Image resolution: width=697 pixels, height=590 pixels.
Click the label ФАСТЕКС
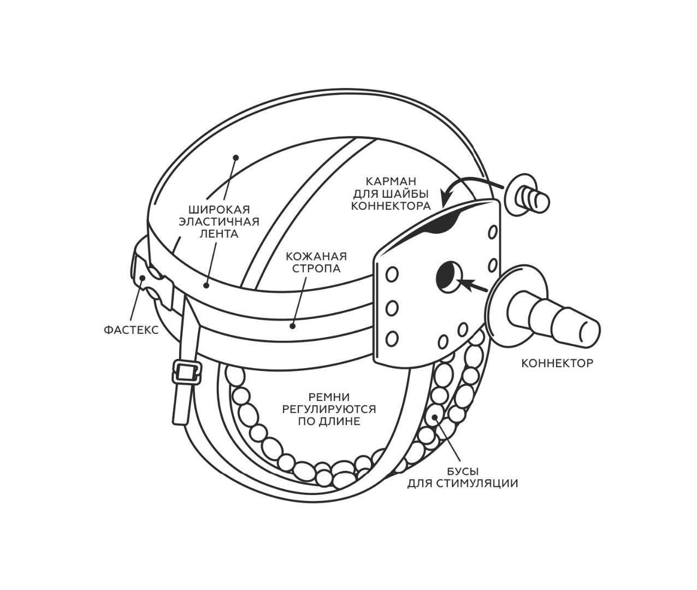click(131, 330)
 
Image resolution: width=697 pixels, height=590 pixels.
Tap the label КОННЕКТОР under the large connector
click(557, 363)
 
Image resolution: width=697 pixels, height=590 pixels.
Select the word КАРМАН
click(391, 181)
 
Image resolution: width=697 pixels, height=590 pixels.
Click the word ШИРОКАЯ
click(219, 210)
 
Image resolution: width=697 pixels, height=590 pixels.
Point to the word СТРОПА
click(316, 268)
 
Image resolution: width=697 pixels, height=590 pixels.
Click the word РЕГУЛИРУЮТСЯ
click(329, 409)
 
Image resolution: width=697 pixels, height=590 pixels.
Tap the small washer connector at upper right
click(527, 197)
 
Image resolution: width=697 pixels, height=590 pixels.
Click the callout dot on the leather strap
click(293, 326)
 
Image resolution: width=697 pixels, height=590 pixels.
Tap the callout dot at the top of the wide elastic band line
click(236, 157)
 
